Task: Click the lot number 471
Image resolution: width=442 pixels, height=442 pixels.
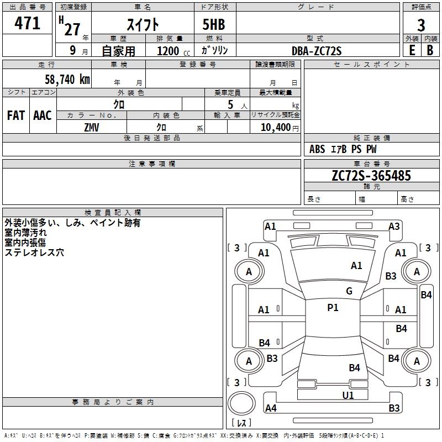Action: [x=27, y=24]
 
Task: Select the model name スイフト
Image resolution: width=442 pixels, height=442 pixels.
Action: [x=144, y=24]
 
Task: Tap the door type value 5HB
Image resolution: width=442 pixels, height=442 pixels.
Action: [x=214, y=24]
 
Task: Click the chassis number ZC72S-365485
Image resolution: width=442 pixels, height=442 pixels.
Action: [x=371, y=176]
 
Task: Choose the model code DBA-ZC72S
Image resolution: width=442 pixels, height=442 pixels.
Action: [x=317, y=51]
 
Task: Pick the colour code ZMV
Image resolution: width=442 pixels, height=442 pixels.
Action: [x=92, y=127]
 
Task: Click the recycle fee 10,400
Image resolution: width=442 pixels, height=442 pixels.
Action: [x=275, y=127]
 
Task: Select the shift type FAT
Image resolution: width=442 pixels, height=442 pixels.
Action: [x=15, y=115]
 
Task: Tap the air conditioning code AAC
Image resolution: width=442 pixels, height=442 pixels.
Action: [x=42, y=115]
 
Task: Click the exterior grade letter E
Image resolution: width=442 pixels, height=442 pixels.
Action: [x=412, y=50]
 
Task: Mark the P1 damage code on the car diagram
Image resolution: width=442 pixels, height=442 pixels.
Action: [x=333, y=308]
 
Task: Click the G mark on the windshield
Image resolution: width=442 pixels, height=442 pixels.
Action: [x=349, y=291]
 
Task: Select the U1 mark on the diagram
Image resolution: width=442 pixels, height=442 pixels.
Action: [x=348, y=395]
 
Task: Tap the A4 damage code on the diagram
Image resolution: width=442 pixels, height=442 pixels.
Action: [x=270, y=408]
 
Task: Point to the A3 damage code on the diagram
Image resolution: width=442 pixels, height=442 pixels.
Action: [x=394, y=226]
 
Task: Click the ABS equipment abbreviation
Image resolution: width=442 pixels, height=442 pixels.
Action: [x=317, y=149]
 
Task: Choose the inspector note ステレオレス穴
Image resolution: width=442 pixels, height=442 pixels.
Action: [x=34, y=252]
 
